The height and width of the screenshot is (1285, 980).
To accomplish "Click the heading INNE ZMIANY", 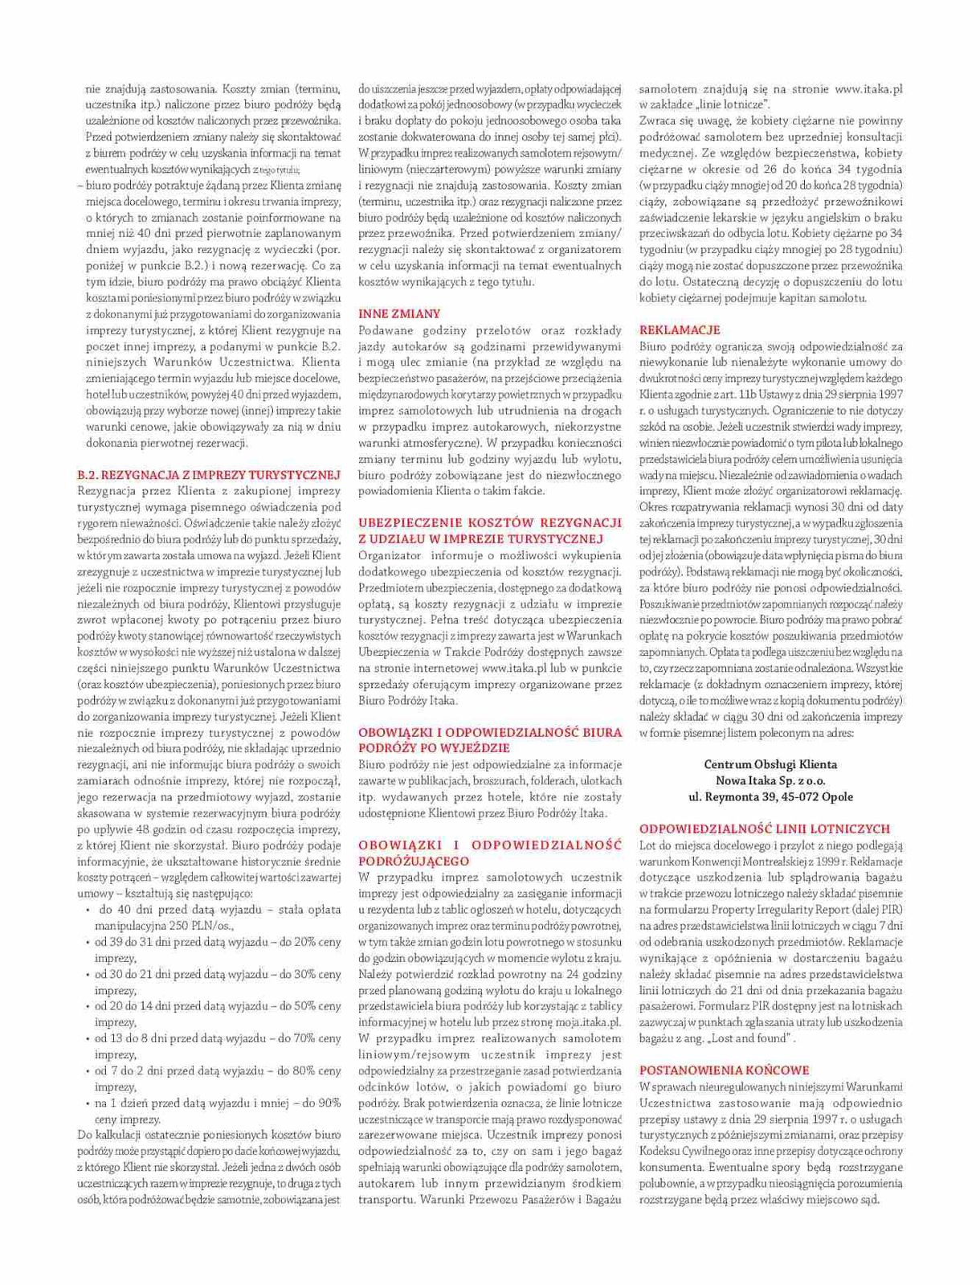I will pos(399,313).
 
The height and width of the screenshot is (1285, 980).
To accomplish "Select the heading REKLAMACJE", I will pos(680,329).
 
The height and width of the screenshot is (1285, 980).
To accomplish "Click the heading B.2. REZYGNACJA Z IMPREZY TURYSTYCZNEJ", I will pos(209,474).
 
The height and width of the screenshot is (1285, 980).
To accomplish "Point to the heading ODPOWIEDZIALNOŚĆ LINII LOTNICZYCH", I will pos(765,828).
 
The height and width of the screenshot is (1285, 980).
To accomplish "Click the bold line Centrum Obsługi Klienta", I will pos(770,764).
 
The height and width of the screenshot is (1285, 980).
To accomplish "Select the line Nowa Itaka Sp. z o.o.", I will pos(770,780).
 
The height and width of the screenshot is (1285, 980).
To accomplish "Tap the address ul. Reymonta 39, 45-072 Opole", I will pos(770,796).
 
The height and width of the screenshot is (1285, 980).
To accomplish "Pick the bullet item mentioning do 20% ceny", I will pos(217,941).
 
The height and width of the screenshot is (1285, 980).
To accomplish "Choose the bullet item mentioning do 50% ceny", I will pos(217,1005).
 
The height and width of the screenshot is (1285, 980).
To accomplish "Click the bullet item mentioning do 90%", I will pos(217,1103).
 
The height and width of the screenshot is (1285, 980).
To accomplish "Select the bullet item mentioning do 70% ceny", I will pos(217,1038).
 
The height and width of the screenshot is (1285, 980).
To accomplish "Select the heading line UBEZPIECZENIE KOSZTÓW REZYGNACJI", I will pos(490,522).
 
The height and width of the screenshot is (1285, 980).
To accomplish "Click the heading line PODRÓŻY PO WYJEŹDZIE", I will pos(434,747).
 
